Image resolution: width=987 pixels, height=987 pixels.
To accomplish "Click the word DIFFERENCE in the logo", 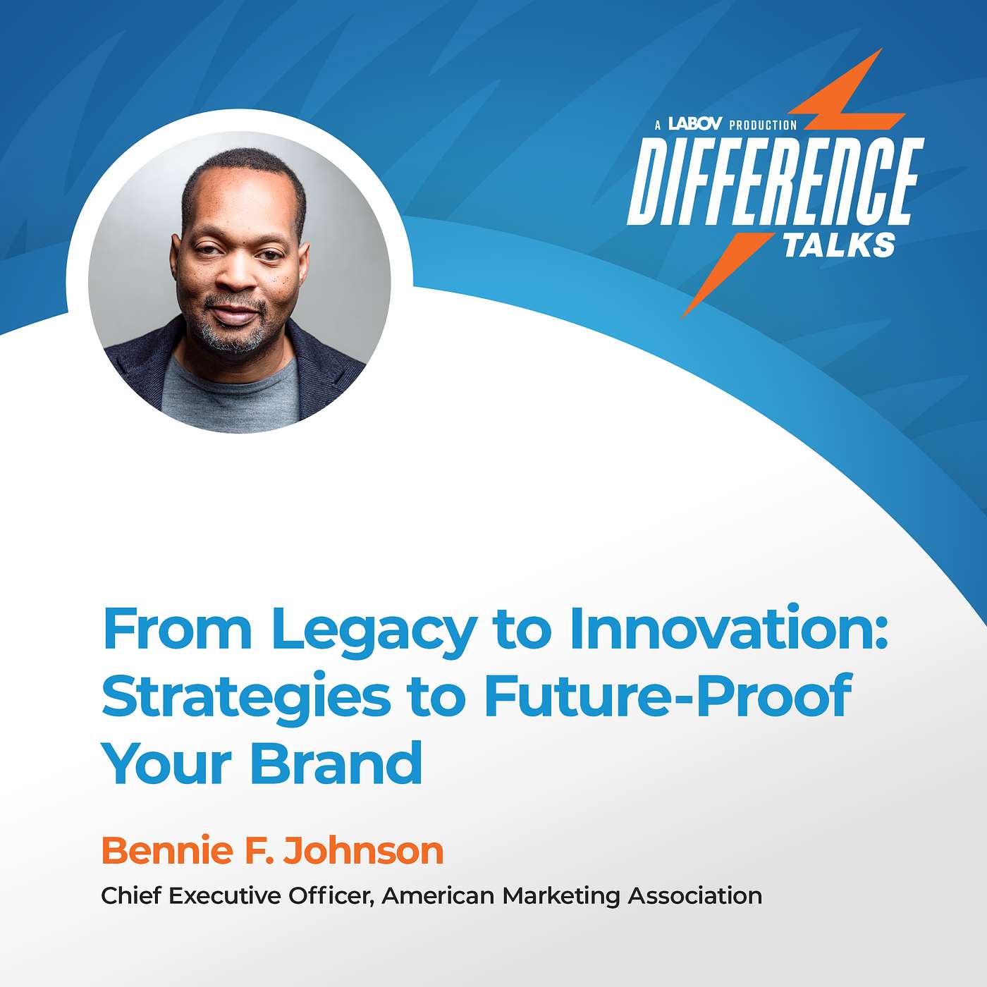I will tap(775, 182).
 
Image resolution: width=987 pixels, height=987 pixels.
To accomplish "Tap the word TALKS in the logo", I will tap(839, 245).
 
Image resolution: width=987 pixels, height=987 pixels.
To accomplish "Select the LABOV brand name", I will tap(694, 124).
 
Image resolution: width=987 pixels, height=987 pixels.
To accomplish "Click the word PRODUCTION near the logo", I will tap(763, 125).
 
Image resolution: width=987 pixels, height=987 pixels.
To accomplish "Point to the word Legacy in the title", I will tap(373, 630).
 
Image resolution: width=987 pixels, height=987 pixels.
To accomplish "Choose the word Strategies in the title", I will tap(245, 697).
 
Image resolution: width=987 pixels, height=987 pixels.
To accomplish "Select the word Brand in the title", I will tap(336, 763).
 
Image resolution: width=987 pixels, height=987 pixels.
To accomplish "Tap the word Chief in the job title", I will tap(131, 895).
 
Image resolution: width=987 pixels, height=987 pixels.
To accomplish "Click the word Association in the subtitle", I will tap(694, 895).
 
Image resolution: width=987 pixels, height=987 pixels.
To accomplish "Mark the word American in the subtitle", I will tap(438, 895).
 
